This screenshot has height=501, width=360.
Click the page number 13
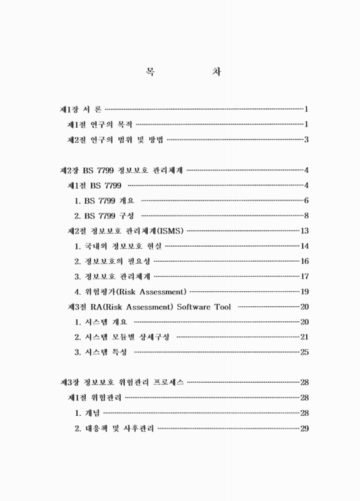tap(305, 230)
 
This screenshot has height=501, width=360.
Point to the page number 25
tap(305, 352)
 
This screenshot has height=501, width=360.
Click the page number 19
tap(305, 291)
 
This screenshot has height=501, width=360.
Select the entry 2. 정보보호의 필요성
tap(112, 261)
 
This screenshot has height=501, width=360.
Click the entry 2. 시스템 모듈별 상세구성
tap(121, 337)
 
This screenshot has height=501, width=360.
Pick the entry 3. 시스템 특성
tap(101, 352)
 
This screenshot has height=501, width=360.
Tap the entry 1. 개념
tap(87, 413)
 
